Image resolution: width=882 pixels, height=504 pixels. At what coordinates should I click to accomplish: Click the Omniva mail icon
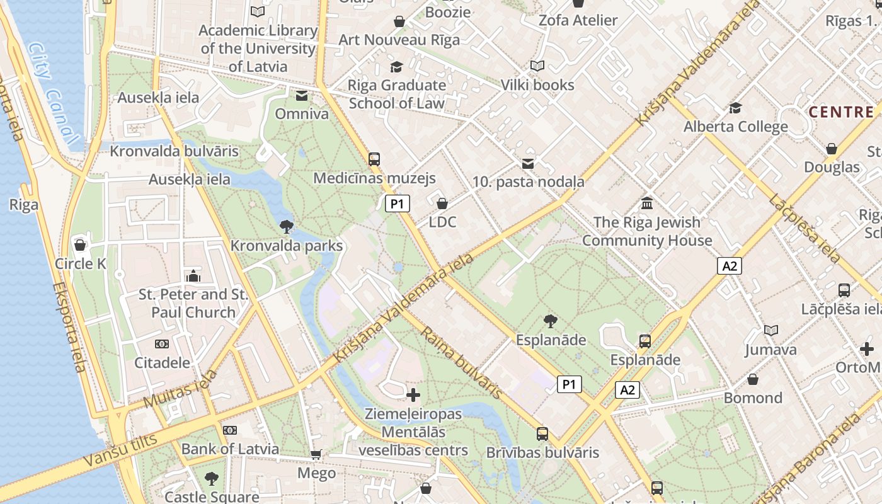click(x=302, y=96)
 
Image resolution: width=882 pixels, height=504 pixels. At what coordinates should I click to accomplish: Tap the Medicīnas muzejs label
click(x=374, y=178)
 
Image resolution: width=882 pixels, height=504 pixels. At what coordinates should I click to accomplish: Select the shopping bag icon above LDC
click(x=442, y=203)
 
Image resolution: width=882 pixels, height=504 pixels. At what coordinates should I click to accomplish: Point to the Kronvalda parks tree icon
click(x=287, y=227)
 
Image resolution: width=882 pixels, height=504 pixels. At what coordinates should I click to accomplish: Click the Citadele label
click(x=162, y=362)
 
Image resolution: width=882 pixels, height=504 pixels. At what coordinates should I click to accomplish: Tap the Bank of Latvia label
click(x=230, y=449)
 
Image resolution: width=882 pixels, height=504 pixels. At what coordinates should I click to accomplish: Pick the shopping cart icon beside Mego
click(x=316, y=454)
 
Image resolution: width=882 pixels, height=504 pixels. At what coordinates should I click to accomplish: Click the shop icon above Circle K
click(x=80, y=245)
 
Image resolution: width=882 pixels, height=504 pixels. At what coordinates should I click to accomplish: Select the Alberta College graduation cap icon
click(x=735, y=108)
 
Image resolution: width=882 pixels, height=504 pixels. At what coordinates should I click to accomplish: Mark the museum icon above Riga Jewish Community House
click(x=647, y=203)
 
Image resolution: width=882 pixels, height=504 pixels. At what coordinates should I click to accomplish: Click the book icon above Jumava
click(x=770, y=330)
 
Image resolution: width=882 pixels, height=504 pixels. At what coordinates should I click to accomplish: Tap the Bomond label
click(x=753, y=398)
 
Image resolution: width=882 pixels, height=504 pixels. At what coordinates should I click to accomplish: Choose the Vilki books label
click(x=537, y=84)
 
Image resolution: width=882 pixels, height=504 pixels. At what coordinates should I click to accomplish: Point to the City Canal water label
click(x=54, y=91)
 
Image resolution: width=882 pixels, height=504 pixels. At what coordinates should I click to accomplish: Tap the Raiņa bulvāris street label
click(x=462, y=362)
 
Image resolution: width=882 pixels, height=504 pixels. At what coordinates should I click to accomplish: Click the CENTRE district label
click(x=841, y=112)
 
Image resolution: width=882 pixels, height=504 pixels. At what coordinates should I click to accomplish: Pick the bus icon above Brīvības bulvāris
click(x=542, y=433)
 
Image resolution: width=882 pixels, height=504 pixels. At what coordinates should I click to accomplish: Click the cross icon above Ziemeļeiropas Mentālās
click(x=413, y=395)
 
